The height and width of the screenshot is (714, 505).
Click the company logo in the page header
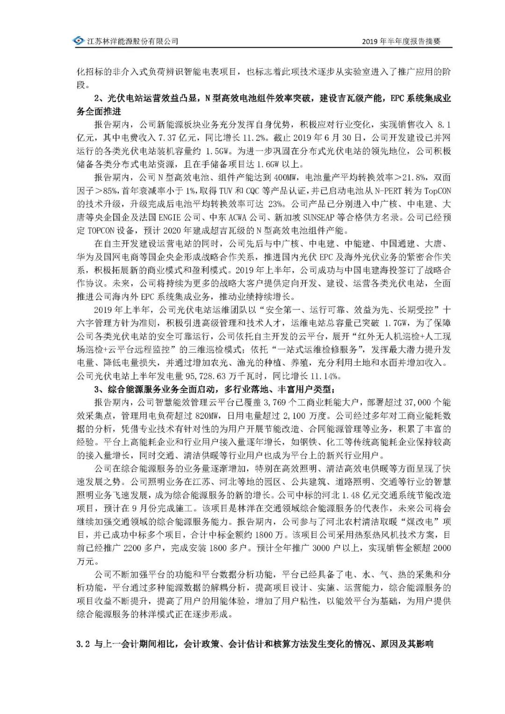tap(79, 41)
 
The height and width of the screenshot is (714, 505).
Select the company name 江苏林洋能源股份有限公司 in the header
tap(133, 42)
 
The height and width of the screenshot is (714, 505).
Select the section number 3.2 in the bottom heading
tap(83, 644)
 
